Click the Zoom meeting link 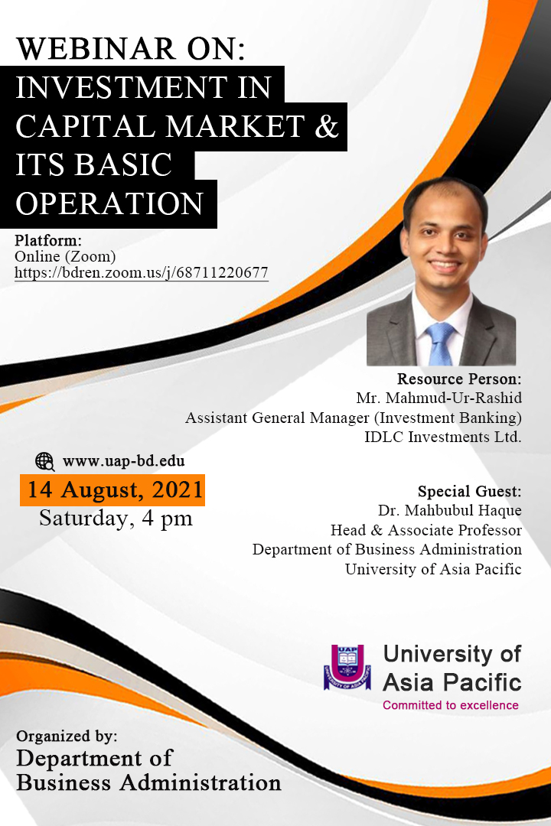pyautogui.click(x=142, y=273)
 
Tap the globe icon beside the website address pyautogui.click(x=45, y=461)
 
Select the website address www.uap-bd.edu pyautogui.click(x=124, y=461)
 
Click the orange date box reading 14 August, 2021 pyautogui.click(x=112, y=490)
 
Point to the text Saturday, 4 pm pyautogui.click(x=116, y=519)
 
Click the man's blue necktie pyautogui.click(x=439, y=343)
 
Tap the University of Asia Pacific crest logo pyautogui.click(x=347, y=666)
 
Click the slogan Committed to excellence pyautogui.click(x=451, y=705)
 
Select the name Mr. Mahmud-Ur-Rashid pyautogui.click(x=439, y=398)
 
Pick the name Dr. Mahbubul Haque pyautogui.click(x=450, y=510)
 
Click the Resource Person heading pyautogui.click(x=459, y=379)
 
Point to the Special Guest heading pyautogui.click(x=470, y=491)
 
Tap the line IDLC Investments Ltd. pyautogui.click(x=443, y=437)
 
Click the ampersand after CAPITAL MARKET pyautogui.click(x=327, y=126)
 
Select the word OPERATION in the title pyautogui.click(x=109, y=204)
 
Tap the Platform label pyautogui.click(x=48, y=241)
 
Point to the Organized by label pyautogui.click(x=67, y=736)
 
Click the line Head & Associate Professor pyautogui.click(x=426, y=530)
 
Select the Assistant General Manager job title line pyautogui.click(x=354, y=418)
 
